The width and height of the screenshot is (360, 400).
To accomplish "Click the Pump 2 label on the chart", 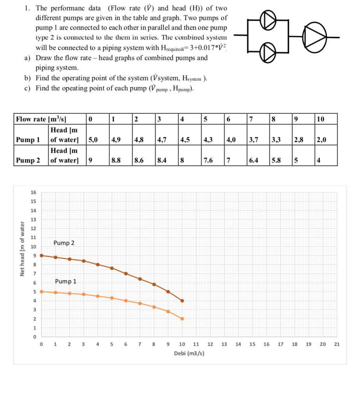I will coord(64,243).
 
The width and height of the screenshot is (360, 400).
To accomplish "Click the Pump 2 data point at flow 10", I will coord(182,301).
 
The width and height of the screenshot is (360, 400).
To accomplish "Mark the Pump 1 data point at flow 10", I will coord(182,318).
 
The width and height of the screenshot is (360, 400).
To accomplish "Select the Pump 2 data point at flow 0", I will coord(42,256).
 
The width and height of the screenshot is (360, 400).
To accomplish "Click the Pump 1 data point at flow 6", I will coord(126,301).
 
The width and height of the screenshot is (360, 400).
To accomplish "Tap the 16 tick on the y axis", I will coord(33,193).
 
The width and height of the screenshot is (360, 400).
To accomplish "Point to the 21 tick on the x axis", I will coord(337,344).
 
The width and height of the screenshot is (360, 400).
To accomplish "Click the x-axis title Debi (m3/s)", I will coord(189,353).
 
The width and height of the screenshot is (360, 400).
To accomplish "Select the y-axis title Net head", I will coord(23,249).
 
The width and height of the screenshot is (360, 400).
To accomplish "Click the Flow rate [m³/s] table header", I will coord(41,119).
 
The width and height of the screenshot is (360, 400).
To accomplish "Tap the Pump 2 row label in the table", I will coord(28,160).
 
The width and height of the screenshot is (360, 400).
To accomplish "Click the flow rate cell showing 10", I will coord(321,119).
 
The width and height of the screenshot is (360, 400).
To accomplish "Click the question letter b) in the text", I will coord(27,78).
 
